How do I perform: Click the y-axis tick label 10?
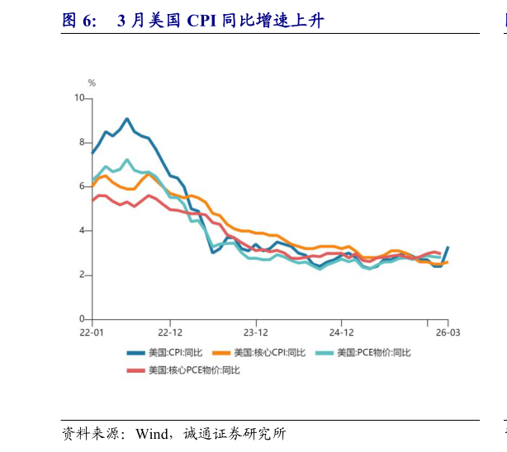80,98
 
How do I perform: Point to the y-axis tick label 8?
82,143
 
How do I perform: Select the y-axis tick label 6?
82,186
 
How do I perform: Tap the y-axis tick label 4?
82,231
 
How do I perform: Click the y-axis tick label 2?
82,275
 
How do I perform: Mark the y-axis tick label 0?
82,319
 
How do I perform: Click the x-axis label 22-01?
91,332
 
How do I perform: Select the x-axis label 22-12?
170,332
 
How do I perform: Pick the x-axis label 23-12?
256,332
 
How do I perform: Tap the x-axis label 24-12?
342,332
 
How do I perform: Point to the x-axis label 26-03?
448,332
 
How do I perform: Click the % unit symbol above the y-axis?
92,83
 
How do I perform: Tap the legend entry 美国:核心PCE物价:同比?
193,370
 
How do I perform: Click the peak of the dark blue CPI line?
127,119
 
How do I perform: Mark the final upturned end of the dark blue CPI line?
448,247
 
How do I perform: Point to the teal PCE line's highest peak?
127,160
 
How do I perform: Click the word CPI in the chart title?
204,21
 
